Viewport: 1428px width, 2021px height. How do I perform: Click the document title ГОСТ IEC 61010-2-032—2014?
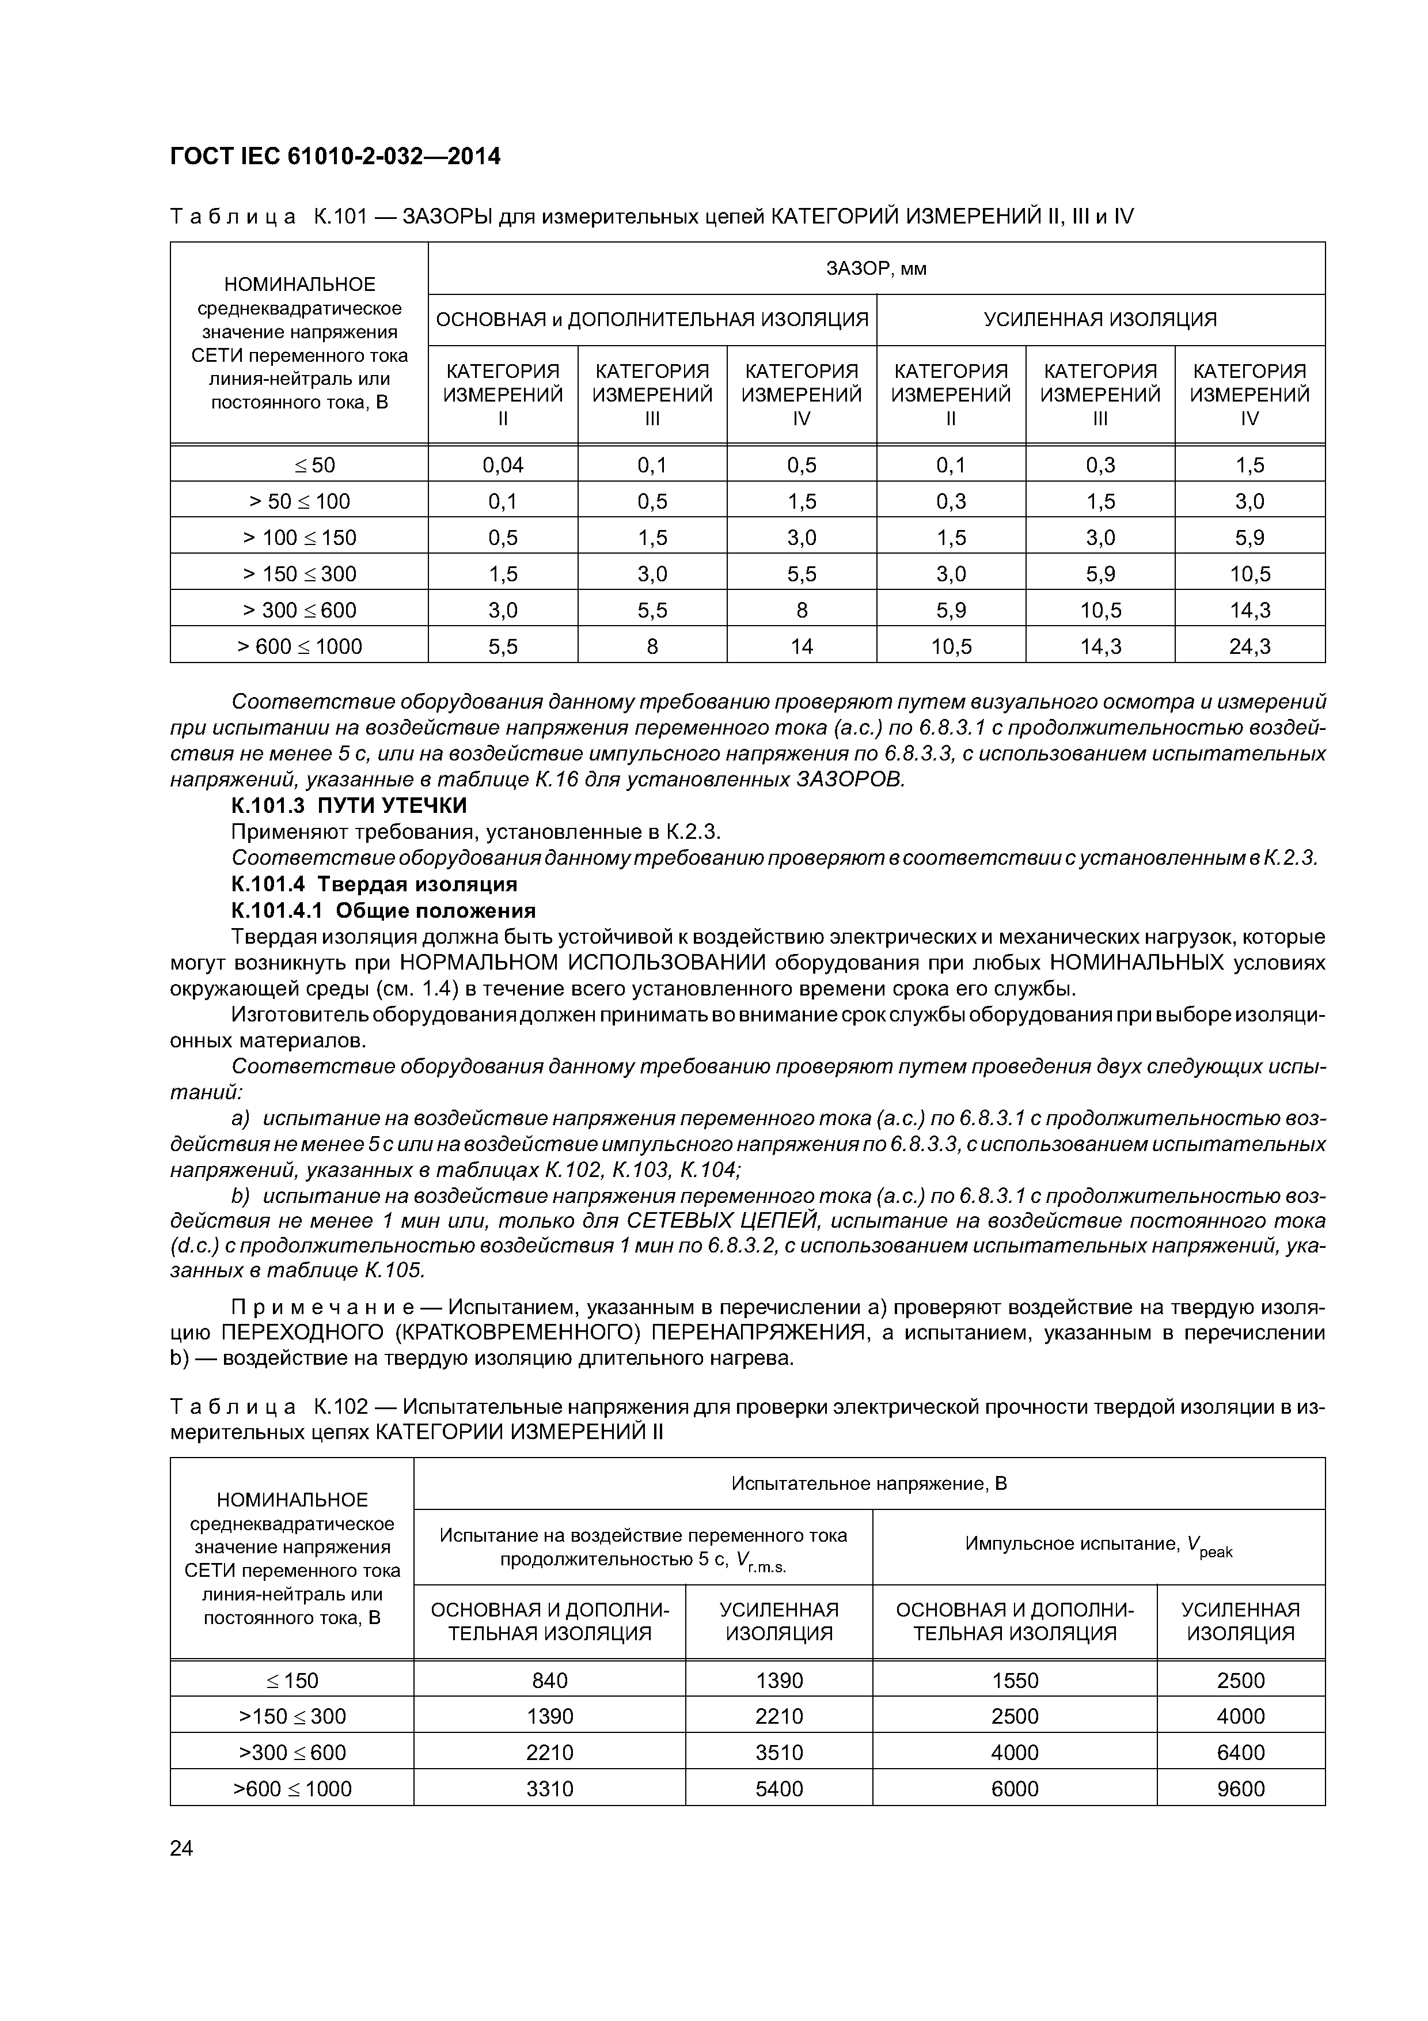(x=335, y=157)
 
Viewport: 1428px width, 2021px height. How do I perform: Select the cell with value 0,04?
(x=503, y=465)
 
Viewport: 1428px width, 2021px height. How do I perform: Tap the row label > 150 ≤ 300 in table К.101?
(x=299, y=574)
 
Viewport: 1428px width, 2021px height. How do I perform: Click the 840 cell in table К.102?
(x=550, y=1679)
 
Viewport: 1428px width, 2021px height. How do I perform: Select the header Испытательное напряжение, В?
(x=868, y=1483)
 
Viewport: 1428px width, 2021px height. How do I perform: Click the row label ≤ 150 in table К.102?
(x=292, y=1679)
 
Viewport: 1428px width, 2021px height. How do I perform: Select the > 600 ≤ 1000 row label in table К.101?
(x=299, y=646)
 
